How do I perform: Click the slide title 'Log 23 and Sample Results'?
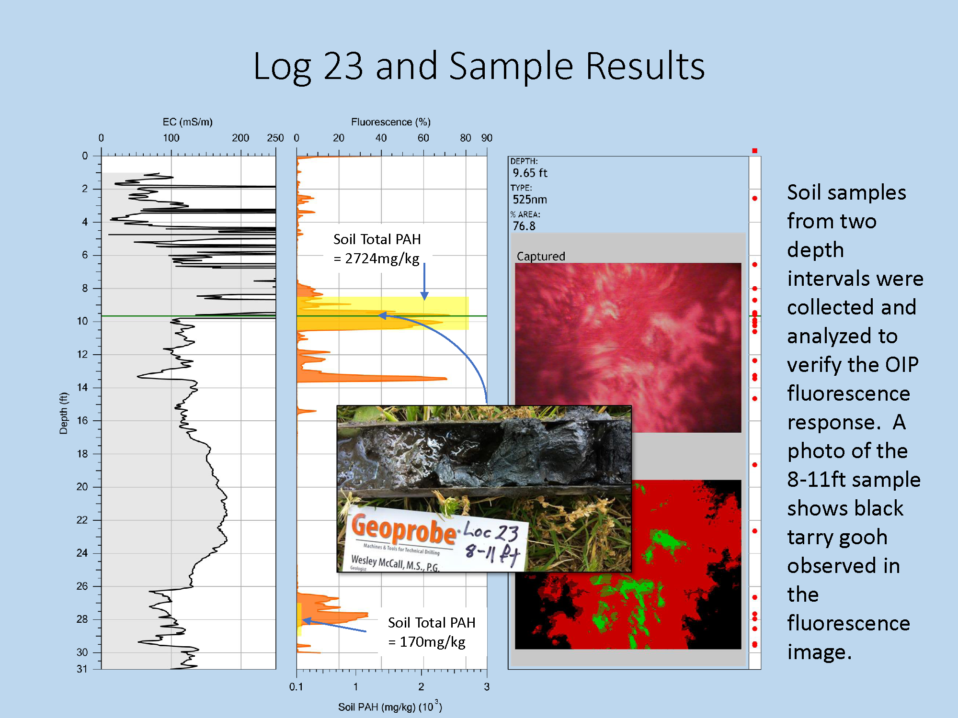[479, 66]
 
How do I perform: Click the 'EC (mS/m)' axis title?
[187, 122]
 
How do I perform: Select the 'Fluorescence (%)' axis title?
[390, 122]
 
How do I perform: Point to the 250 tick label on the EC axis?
[275, 138]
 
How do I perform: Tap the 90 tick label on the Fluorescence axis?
[487, 138]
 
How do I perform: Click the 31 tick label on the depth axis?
[82, 669]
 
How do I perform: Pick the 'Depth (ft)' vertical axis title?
[64, 413]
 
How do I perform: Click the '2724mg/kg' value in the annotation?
[382, 258]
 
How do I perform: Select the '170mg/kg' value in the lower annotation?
[433, 642]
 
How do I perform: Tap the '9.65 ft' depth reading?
[530, 173]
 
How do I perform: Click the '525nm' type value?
[530, 200]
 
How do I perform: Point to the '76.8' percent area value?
[524, 226]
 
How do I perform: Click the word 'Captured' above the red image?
[541, 256]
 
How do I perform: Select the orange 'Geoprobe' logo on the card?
[404, 529]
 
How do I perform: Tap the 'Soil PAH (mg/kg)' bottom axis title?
[377, 707]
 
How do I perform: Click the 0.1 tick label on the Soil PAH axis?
[296, 687]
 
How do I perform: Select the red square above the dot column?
[754, 151]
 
